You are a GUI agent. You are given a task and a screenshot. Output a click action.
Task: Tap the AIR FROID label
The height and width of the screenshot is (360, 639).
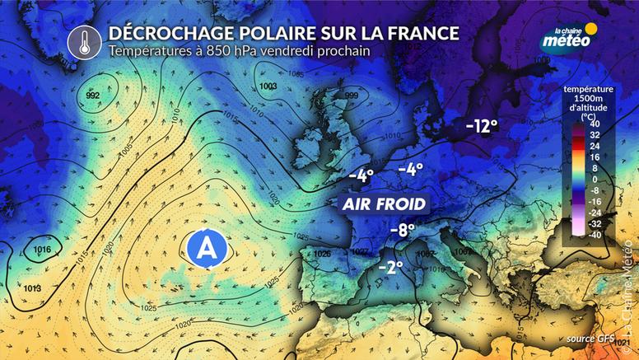click(x=385, y=203)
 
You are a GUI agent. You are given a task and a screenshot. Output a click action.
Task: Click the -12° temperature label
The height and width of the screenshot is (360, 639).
click(x=483, y=126)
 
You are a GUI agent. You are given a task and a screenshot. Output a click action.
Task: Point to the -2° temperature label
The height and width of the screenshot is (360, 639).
click(x=391, y=268)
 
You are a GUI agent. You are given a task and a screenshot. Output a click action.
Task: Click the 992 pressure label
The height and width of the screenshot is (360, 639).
click(x=93, y=96)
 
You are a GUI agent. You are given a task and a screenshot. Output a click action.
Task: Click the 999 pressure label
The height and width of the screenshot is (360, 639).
click(x=352, y=96)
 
